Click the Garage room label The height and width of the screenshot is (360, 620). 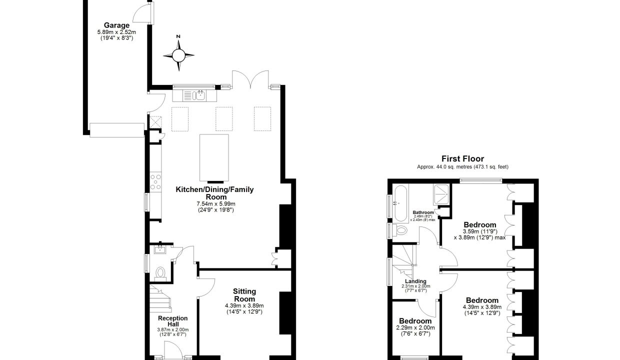(116, 25)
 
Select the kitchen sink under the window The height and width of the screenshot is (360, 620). (198, 95)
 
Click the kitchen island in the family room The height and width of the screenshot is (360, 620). (214, 157)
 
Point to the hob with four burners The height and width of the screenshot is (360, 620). (155, 182)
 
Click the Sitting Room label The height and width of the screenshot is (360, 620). (244, 295)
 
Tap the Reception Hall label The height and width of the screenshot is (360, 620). (172, 321)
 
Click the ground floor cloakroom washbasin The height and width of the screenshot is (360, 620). (160, 250)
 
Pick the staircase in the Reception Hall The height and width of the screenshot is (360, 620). (160, 298)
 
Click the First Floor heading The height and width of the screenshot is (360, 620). (462, 159)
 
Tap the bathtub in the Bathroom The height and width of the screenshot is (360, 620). (400, 203)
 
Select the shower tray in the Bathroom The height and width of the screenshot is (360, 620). (441, 193)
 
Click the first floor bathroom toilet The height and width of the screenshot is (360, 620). (400, 229)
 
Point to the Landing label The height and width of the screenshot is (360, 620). (415, 281)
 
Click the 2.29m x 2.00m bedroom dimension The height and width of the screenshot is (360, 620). (415, 327)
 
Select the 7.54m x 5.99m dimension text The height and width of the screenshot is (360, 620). (216, 204)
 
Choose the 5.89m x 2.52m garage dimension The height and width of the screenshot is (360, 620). (116, 32)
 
